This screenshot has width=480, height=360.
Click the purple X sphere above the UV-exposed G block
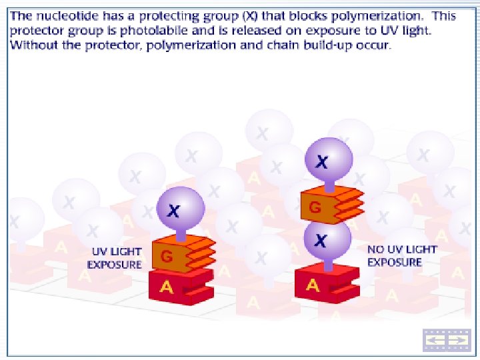click(180, 209)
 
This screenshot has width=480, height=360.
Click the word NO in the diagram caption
click(376, 249)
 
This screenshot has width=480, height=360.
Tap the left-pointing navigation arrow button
click(435, 340)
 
